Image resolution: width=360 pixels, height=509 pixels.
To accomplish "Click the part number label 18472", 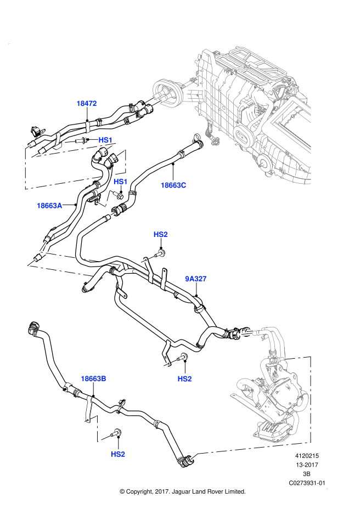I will (x=87, y=103).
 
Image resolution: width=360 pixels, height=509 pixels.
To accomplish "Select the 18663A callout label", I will (x=49, y=206).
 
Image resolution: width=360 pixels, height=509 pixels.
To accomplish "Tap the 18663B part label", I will (x=93, y=378).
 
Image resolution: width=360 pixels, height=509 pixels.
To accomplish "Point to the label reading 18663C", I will (x=173, y=185).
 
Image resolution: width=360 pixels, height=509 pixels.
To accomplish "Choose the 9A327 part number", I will (x=195, y=279).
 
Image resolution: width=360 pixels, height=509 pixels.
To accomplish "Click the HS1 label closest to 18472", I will (x=105, y=140).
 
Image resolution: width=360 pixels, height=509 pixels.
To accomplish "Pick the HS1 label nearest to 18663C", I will (x=121, y=182).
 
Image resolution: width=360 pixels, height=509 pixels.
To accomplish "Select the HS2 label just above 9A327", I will (x=160, y=234).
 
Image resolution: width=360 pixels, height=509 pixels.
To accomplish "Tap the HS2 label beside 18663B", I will (x=184, y=378).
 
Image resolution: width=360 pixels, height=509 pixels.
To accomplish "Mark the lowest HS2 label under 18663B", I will (x=118, y=454).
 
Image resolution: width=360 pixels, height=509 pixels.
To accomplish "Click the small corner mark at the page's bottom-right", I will (x=326, y=488).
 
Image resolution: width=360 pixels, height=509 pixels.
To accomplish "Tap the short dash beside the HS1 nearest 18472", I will (x=69, y=142).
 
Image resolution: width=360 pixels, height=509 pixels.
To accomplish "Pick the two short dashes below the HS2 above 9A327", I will (x=148, y=259).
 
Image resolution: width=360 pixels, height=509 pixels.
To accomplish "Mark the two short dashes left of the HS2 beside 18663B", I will (x=170, y=363).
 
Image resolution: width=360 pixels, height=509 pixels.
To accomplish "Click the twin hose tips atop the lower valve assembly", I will (x=246, y=332).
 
